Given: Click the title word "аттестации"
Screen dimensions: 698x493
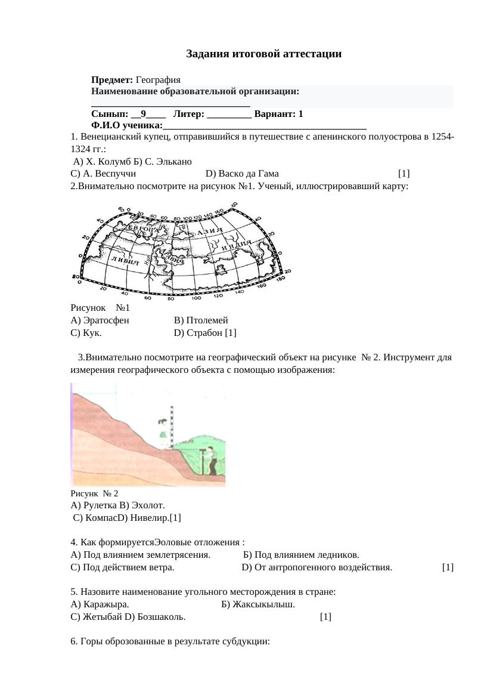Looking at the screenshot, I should point(312,54).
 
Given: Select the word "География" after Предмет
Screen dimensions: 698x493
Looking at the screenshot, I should point(158,79).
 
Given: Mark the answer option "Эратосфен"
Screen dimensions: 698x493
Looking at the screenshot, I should point(104,320).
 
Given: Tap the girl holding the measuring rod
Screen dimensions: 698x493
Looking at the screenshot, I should point(163,430).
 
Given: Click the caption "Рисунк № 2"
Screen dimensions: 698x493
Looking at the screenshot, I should point(94,493).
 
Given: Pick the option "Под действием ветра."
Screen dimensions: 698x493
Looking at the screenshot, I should point(127,567).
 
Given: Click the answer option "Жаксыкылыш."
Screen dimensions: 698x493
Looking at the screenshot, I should point(263,604).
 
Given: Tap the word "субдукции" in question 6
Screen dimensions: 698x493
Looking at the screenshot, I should point(246,642).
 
